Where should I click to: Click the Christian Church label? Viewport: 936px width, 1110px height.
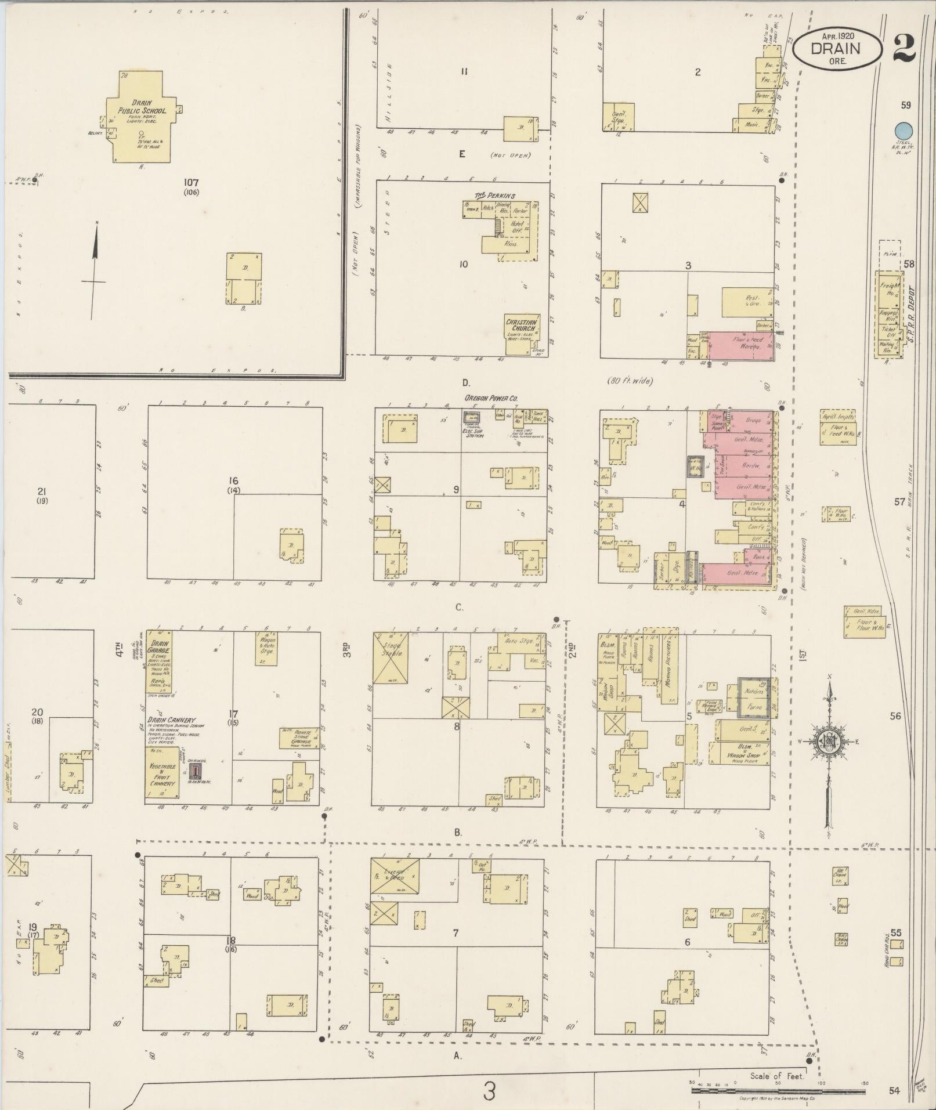pos(521,325)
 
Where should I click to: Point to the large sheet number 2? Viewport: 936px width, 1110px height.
pos(904,48)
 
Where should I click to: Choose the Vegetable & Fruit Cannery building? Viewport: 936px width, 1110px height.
pos(162,772)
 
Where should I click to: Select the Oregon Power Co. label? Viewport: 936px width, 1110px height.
pos(490,398)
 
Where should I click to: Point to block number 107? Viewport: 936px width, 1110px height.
pos(191,182)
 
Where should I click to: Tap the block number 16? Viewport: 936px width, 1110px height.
pos(233,480)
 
